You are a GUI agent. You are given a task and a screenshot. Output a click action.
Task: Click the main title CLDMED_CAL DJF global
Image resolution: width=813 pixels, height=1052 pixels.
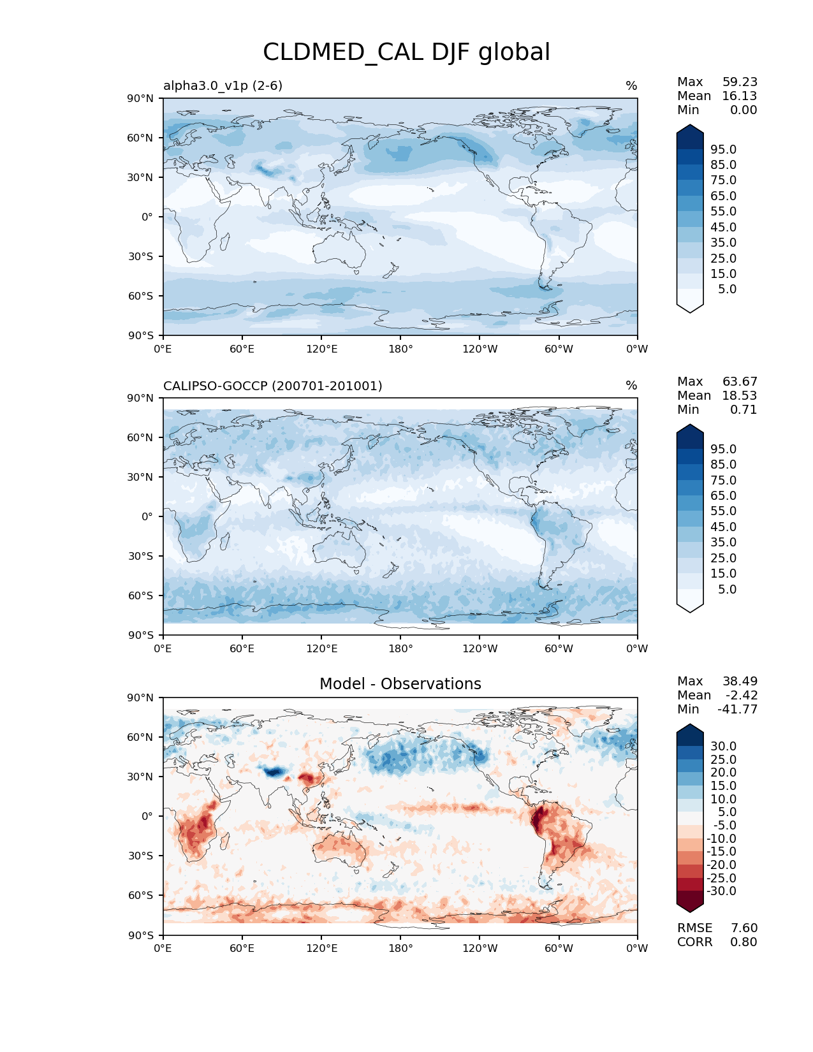pyautogui.click(x=406, y=52)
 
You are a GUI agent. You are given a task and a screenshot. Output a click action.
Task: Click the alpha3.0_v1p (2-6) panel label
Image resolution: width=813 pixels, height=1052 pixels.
pyautogui.click(x=223, y=85)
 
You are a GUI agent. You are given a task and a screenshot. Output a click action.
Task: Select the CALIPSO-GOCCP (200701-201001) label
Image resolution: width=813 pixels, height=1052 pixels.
pyautogui.click(x=272, y=386)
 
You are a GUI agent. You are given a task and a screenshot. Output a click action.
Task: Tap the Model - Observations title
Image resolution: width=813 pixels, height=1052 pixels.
pyautogui.click(x=400, y=684)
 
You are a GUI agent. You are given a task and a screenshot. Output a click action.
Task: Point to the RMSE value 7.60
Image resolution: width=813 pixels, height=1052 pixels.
pyautogui.click(x=743, y=928)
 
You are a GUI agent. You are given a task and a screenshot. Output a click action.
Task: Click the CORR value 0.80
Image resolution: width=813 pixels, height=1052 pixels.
pyautogui.click(x=743, y=942)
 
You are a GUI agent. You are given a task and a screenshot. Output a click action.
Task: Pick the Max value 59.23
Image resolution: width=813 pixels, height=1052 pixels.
pyautogui.click(x=740, y=82)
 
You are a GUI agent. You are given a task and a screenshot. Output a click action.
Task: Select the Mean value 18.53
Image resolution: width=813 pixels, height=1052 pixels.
pyautogui.click(x=740, y=395)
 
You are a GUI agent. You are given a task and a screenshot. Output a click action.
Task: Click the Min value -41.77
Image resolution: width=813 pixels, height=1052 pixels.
pyautogui.click(x=737, y=709)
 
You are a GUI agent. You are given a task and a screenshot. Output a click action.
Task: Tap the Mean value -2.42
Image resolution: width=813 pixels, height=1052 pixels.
pyautogui.click(x=741, y=695)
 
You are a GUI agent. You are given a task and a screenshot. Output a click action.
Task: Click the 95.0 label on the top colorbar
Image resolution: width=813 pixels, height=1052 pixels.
pyautogui.click(x=723, y=149)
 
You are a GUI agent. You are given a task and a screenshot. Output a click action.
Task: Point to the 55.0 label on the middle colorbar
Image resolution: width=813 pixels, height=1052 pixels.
pyautogui.click(x=723, y=511)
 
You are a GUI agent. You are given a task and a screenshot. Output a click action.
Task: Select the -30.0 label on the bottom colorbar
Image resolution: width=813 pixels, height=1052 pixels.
pyautogui.click(x=721, y=891)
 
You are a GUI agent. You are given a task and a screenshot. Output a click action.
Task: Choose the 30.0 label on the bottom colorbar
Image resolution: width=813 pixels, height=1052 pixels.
pyautogui.click(x=723, y=746)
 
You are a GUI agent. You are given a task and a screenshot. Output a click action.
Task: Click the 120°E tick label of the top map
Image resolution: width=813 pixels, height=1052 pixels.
pyautogui.click(x=321, y=349)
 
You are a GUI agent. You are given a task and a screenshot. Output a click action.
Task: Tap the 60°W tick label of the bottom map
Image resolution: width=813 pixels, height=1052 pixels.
pyautogui.click(x=559, y=948)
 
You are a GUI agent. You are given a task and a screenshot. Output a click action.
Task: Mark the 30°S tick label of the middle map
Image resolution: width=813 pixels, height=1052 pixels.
pyautogui.click(x=141, y=556)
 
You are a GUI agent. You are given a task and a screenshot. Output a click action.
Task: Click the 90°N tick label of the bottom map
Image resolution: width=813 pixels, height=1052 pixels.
pyautogui.click(x=141, y=698)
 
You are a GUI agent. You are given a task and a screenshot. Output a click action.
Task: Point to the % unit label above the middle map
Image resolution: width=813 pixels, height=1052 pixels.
pyautogui.click(x=631, y=386)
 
